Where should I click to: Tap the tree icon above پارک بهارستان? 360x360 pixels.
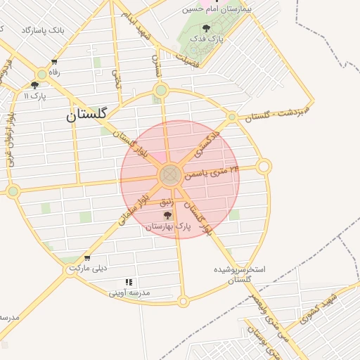pyautogui.click(x=166, y=215)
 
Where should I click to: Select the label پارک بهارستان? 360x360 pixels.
pyautogui.click(x=168, y=226)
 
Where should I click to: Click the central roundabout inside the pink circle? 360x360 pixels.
pyautogui.click(x=170, y=175)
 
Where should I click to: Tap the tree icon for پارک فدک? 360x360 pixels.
pyautogui.click(x=205, y=29)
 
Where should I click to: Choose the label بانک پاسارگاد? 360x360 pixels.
pyautogui.click(x=43, y=31)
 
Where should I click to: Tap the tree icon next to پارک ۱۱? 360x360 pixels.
pyautogui.click(x=34, y=85)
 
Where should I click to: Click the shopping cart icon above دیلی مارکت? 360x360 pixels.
pyautogui.click(x=86, y=258)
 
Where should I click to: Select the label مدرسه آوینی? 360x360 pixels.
pyautogui.click(x=129, y=293)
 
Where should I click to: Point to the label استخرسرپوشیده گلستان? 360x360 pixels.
pyautogui.click(x=243, y=274)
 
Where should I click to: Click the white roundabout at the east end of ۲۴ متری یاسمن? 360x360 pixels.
pyautogui.click(x=264, y=167)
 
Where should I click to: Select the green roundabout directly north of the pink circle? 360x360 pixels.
pyautogui.click(x=162, y=90)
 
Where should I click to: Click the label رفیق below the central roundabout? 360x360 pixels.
pyautogui.click(x=167, y=202)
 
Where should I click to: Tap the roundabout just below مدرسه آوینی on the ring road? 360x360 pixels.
pyautogui.click(x=183, y=302)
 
